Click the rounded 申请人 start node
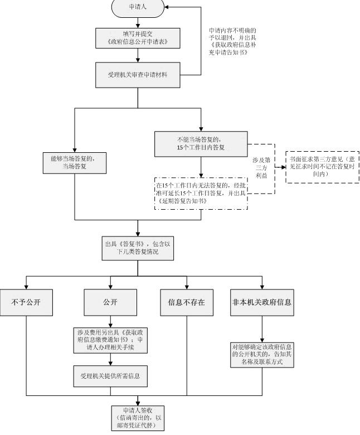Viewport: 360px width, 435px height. [138, 7]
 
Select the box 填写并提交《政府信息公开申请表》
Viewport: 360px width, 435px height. [138, 38]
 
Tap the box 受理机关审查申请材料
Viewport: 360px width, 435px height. [138, 75]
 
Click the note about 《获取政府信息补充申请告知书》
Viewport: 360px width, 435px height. [232, 41]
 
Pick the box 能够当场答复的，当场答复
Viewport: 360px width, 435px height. [75, 163]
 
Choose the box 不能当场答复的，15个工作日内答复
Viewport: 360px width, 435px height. [201, 144]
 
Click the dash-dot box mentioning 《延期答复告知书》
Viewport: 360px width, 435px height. [201, 194]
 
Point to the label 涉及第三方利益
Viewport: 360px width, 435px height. [261, 168]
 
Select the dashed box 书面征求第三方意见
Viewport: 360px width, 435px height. [322, 167]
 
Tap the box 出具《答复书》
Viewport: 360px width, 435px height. [138, 248]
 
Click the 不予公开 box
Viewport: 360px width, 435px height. [26, 302]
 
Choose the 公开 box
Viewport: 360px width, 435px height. [110, 302]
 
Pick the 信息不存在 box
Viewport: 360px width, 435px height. [187, 302]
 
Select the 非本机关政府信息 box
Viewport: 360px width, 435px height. [262, 302]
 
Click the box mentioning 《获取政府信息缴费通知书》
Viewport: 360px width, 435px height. [110, 340]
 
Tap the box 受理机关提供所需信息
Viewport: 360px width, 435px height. [110, 376]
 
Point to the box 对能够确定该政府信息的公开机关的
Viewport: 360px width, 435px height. [262, 355]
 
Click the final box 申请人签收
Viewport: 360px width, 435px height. [138, 418]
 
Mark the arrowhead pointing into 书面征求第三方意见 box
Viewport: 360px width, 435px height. [284, 167]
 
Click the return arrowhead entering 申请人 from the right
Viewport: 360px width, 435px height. [167, 7]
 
